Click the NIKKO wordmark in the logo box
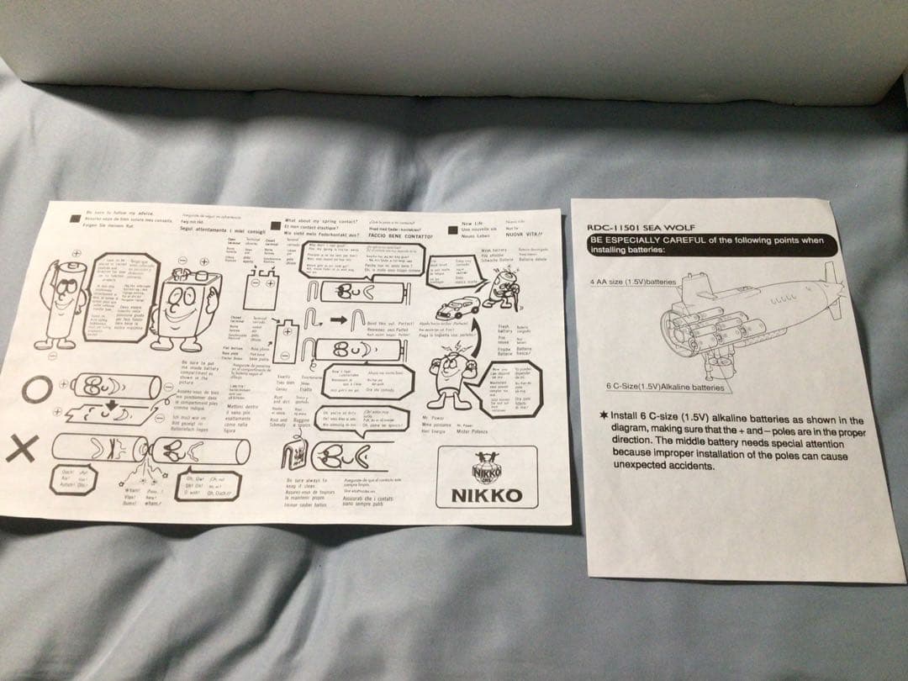tap(488, 495)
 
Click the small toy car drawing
tap(461, 304)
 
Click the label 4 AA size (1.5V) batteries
tap(633, 282)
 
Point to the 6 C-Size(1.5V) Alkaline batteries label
tap(664, 388)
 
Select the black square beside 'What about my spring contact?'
tap(275, 227)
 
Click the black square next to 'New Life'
tap(451, 226)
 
